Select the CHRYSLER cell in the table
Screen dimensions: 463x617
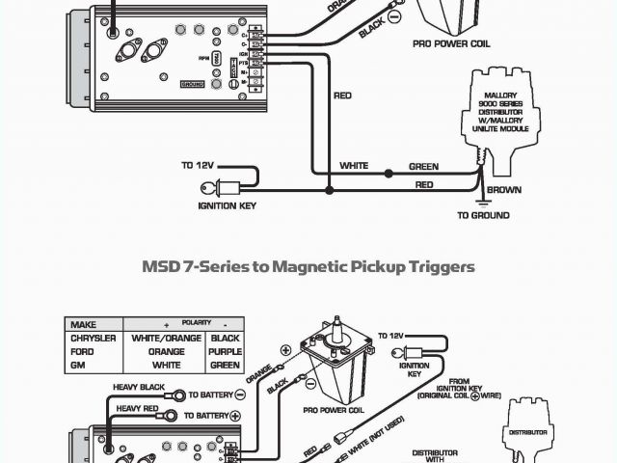[94, 339]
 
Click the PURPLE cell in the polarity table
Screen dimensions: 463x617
[225, 352]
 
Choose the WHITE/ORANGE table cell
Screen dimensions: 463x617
[166, 339]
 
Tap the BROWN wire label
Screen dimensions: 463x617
[505, 190]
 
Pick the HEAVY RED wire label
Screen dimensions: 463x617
[137, 409]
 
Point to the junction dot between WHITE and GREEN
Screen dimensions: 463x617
[388, 174]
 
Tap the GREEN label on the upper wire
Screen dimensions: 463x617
[423, 166]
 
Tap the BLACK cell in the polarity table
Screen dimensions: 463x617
[225, 339]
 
